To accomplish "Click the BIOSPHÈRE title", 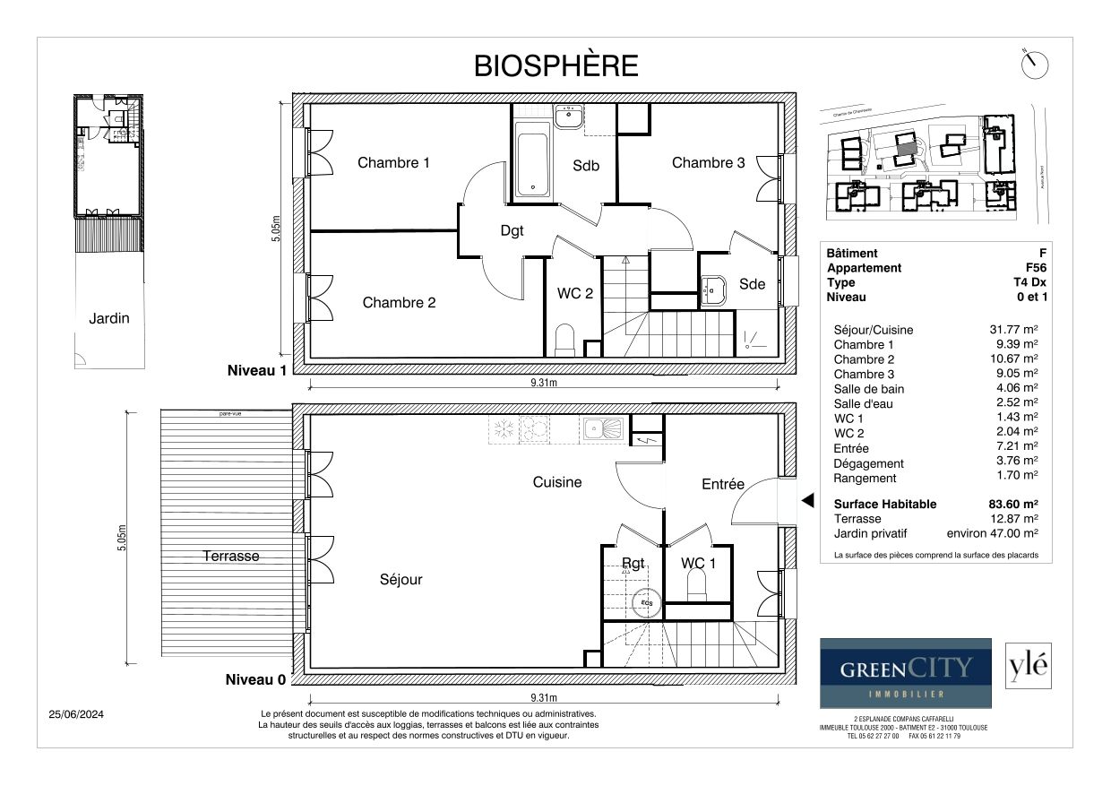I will (x=555, y=65).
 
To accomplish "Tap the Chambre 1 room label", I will (x=393, y=162).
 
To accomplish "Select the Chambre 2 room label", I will (x=399, y=303).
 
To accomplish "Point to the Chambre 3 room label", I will (x=708, y=162).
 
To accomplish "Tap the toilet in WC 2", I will (x=564, y=341).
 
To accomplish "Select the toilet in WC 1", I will (x=696, y=586).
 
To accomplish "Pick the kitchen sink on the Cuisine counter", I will (x=604, y=429).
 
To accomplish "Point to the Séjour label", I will (x=400, y=580).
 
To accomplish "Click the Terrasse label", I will (x=230, y=556).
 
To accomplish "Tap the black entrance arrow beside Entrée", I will (x=806, y=501).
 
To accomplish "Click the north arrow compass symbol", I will (x=1034, y=65).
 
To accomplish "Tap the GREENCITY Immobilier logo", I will (x=906, y=673).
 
